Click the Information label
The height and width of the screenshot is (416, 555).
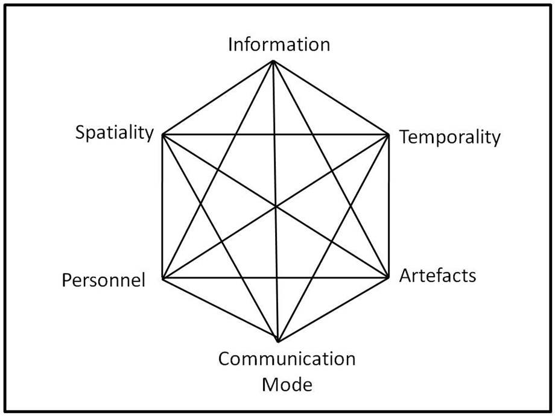279,45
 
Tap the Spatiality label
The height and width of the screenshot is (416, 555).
115,132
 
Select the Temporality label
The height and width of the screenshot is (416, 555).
450,137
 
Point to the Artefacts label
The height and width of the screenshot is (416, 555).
438,276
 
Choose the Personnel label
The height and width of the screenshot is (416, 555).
104,280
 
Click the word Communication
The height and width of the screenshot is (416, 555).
287,359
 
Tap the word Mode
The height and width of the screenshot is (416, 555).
287,383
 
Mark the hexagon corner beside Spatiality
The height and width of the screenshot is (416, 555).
163,133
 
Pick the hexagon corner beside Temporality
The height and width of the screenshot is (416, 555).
387,133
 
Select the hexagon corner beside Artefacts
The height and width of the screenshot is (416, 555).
387,278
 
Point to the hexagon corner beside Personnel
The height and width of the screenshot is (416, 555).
163,279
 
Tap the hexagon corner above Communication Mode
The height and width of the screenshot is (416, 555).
277,341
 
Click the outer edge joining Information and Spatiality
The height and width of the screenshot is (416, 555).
218,97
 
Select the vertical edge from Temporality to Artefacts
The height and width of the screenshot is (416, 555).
387,206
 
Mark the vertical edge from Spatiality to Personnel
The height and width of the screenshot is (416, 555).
163,206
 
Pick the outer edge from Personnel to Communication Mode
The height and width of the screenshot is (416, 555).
220,310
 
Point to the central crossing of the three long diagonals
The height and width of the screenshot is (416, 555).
275,206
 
